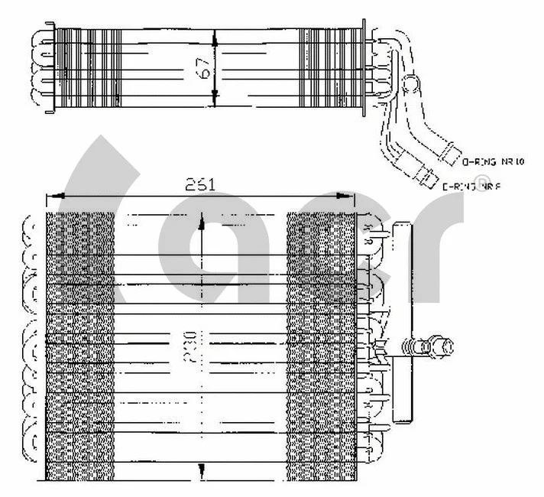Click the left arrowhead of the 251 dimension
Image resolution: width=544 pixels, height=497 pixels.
coord(52,197)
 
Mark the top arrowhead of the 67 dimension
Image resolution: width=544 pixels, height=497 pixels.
coord(216,34)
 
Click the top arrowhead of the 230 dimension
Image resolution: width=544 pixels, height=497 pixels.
coord(202,223)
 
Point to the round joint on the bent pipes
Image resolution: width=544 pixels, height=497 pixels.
coord(411,83)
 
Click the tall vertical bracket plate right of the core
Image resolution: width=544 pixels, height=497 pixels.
coord(402,321)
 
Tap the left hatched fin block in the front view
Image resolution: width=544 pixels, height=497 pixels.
coord(80,344)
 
